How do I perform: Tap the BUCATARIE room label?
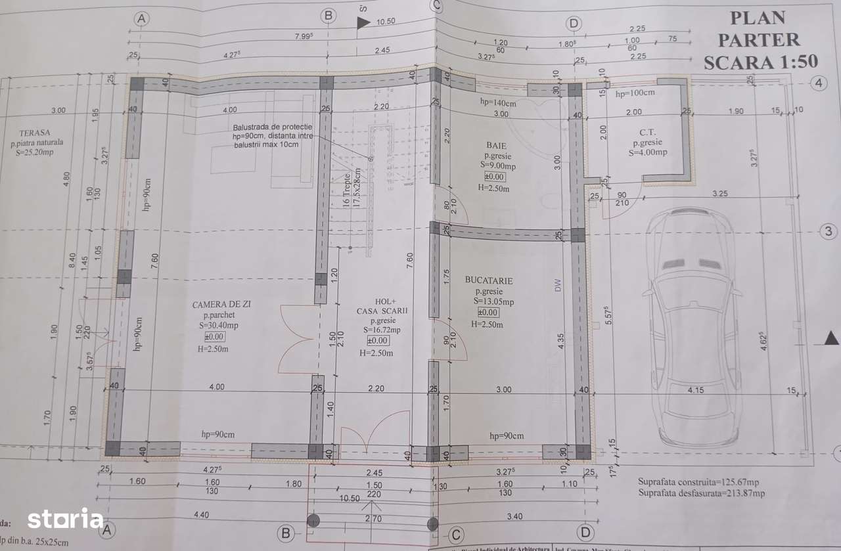click(489, 280)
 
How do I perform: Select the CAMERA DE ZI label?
click(221, 304)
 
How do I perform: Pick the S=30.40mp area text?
click(220, 325)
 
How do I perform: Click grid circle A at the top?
click(140, 19)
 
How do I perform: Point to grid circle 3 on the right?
click(829, 231)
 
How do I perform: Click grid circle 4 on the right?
click(818, 83)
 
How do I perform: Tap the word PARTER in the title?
click(759, 39)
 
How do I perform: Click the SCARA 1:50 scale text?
click(760, 62)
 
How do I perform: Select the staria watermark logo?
click(65, 519)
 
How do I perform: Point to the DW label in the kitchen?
click(558, 285)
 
